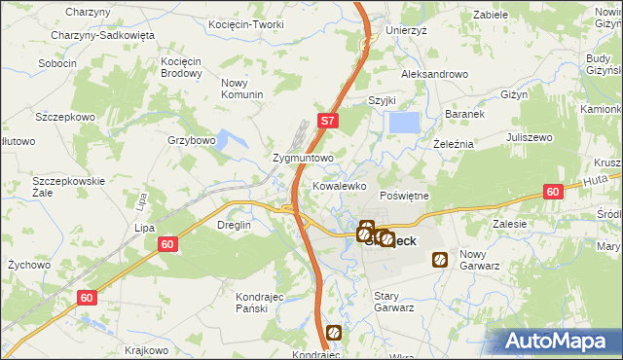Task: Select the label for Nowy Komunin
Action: [x=242, y=89]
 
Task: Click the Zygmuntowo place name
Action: [x=304, y=157]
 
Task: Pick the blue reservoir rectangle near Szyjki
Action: [x=405, y=123]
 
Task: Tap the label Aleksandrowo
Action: [x=435, y=74]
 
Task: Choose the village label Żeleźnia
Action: [x=452, y=143]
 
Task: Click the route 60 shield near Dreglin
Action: [x=166, y=244]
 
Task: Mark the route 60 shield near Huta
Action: [x=552, y=193]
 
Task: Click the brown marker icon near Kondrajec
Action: [x=334, y=332]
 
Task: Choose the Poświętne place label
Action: [x=403, y=196]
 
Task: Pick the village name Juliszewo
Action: [x=531, y=138]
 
